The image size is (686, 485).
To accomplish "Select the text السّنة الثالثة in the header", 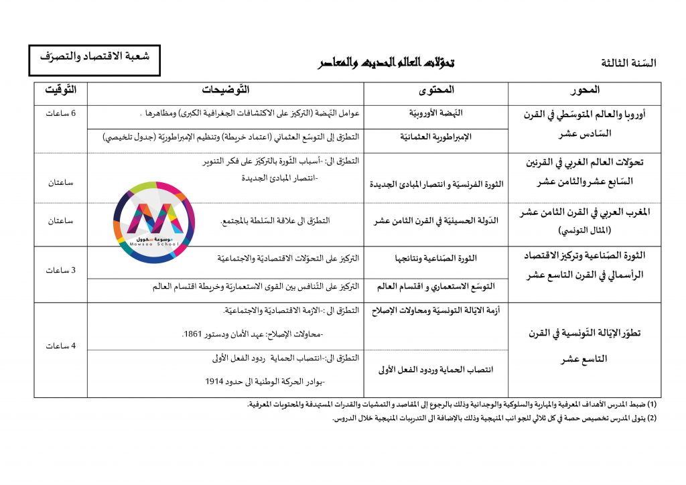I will (629, 64).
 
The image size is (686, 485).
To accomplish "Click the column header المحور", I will (584, 90).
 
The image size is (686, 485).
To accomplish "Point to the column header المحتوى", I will (435, 90).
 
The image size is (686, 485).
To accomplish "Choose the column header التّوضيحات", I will (225, 90).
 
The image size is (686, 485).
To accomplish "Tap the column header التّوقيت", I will (60, 90).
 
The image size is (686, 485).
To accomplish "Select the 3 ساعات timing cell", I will (60, 271).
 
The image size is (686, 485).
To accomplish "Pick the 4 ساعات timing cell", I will (60, 346).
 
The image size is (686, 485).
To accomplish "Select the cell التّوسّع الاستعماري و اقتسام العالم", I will (436, 287).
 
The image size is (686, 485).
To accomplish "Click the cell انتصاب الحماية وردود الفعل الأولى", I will (435, 369).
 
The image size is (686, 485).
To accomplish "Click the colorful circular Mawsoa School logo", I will (154, 222).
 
